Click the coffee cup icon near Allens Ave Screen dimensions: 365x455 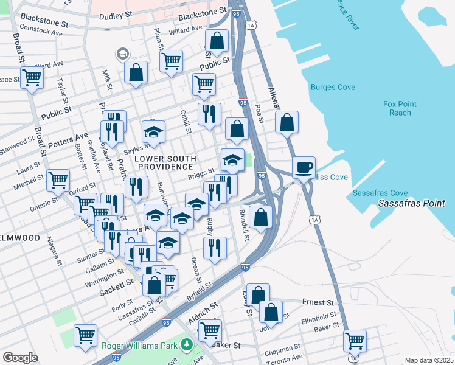(304, 167)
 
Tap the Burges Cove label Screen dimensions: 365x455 (333, 88)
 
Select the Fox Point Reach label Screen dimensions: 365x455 (400, 108)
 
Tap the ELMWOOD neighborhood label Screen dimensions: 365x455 (19, 238)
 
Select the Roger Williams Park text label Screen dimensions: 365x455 (139, 346)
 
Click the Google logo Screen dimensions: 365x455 (20, 358)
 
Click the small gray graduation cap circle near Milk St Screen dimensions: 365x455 (123, 54)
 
